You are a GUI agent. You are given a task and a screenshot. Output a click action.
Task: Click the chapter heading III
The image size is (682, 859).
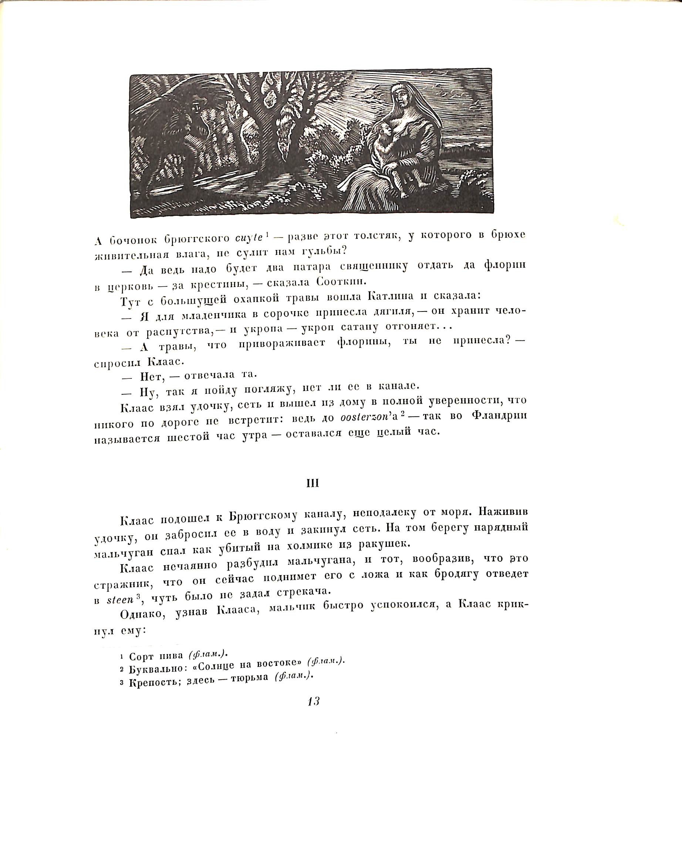tap(313, 483)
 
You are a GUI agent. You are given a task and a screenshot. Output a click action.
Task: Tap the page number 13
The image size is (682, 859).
tap(314, 713)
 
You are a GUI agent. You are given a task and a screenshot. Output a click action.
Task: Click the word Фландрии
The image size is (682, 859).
tap(499, 415)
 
